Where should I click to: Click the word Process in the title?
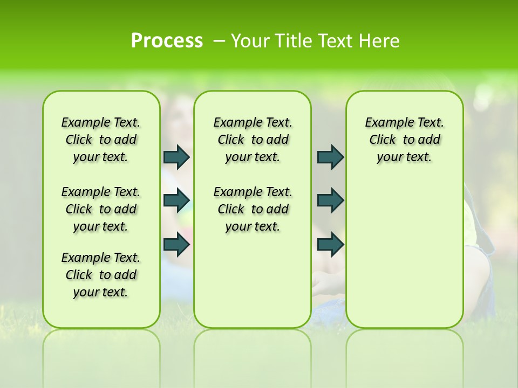click(x=167, y=40)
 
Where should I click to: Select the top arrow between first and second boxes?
click(x=176, y=157)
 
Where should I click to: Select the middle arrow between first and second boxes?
click(x=176, y=200)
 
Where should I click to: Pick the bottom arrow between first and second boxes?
click(x=176, y=245)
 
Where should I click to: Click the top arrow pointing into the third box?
click(x=330, y=157)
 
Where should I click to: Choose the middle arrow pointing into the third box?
click(x=330, y=200)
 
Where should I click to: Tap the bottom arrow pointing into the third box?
click(x=330, y=245)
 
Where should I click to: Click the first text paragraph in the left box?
click(x=101, y=140)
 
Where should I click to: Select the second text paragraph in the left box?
click(x=101, y=209)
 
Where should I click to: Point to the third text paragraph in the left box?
click(x=101, y=275)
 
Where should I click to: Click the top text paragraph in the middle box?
click(x=253, y=140)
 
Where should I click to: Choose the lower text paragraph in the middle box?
click(x=253, y=209)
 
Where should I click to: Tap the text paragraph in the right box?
click(x=404, y=140)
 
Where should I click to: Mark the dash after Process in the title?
click(x=220, y=40)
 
